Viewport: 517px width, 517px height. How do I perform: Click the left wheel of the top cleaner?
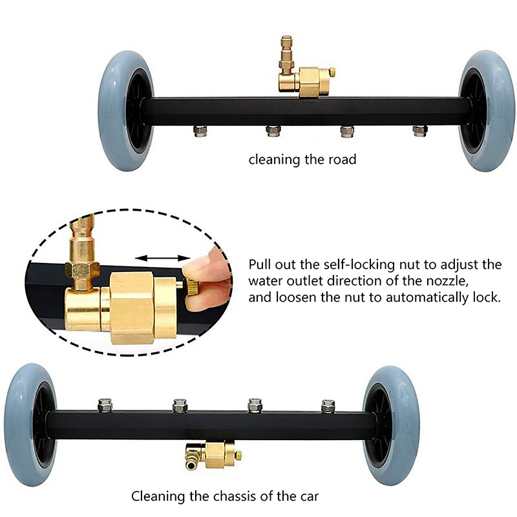click(126, 111)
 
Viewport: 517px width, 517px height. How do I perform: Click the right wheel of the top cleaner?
click(487, 111)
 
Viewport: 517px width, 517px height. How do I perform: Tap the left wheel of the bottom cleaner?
click(30, 425)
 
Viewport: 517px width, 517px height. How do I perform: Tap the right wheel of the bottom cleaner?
click(391, 425)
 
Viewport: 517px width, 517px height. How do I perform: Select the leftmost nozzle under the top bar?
click(200, 131)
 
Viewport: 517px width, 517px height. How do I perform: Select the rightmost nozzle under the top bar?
click(420, 131)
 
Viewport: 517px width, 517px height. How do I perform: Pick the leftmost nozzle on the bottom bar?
click(105, 405)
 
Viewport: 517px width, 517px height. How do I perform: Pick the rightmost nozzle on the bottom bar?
click(328, 406)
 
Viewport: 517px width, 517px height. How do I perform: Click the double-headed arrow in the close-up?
click(163, 258)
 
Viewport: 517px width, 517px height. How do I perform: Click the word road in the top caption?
click(343, 160)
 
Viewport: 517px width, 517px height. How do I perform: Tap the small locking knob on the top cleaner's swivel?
click(332, 72)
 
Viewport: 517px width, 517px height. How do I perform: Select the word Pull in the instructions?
click(260, 264)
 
